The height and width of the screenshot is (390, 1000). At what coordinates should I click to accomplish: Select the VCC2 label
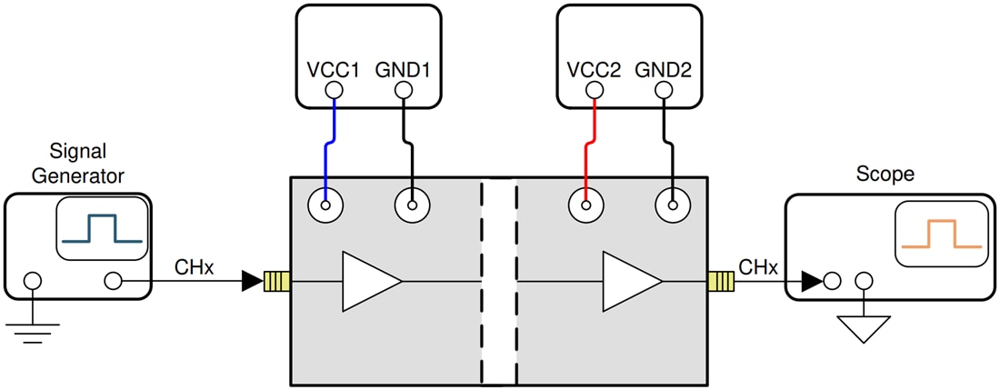[x=594, y=68]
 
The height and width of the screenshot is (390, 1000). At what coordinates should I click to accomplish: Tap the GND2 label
[x=665, y=68]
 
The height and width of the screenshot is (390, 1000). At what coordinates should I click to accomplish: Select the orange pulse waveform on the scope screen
[x=940, y=234]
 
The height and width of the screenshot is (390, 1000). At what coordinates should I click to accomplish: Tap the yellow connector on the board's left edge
[x=275, y=282]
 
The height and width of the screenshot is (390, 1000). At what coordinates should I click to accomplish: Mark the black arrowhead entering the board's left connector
[x=252, y=282]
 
